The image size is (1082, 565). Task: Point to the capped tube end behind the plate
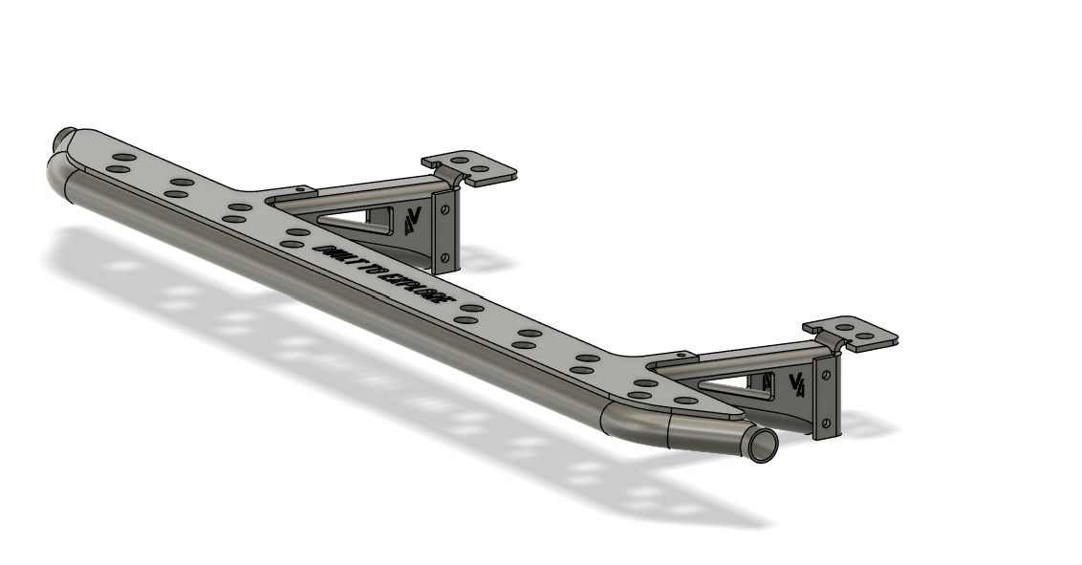65,137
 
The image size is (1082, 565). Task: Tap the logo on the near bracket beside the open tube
795,383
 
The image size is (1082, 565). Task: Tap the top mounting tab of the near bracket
850,334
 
